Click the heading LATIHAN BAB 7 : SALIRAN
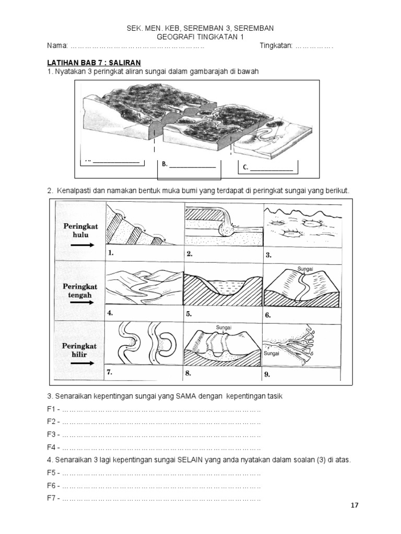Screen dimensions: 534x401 [x=87, y=62]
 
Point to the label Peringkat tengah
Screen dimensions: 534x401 [x=81, y=290]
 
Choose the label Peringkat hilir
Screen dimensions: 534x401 [x=80, y=350]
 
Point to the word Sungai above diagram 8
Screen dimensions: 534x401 [x=223, y=327]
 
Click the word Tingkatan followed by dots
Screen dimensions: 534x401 [x=276, y=46]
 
